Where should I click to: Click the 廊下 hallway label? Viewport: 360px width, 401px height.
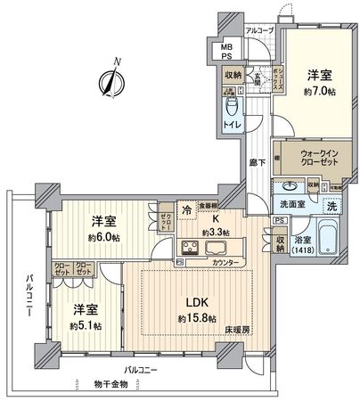pos(258,164)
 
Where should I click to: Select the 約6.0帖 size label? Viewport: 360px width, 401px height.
pos(104,239)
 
